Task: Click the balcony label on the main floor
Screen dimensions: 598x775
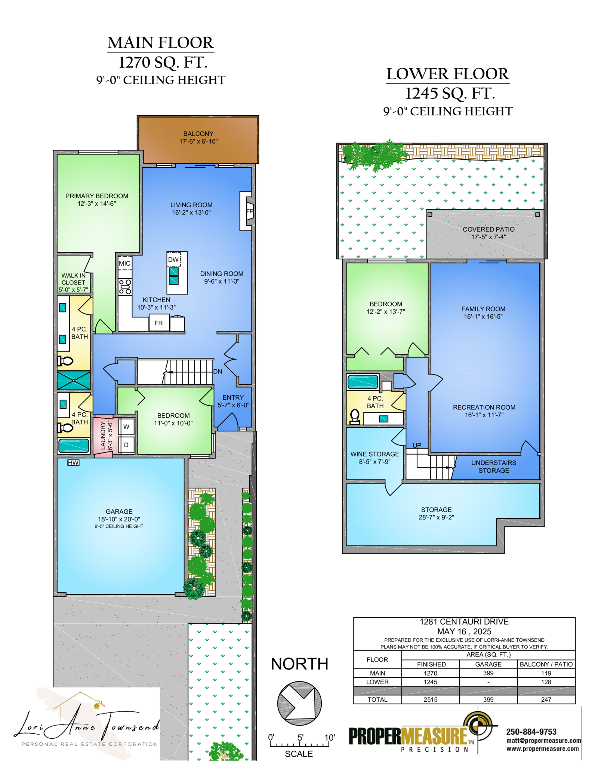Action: coord(198,137)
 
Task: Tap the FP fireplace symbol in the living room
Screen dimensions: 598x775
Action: coord(249,211)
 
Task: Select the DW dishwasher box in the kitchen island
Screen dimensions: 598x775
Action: coord(174,259)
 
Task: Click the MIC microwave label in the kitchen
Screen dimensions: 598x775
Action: coord(124,263)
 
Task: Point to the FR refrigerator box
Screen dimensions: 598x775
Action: coord(158,323)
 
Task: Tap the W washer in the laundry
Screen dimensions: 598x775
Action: coord(126,427)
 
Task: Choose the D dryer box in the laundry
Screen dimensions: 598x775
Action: coord(126,445)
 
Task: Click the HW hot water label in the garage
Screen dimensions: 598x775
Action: coord(73,463)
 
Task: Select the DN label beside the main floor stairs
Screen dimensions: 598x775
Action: coord(218,372)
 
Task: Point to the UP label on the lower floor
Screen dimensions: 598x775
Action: coord(417,445)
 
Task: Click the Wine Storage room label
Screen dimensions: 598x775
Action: coord(374,458)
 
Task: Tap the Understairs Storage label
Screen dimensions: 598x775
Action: coord(494,467)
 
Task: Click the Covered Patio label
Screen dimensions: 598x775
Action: coord(488,233)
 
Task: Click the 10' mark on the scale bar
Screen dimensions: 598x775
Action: coord(329,738)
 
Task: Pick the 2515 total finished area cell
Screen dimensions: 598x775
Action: coord(431,699)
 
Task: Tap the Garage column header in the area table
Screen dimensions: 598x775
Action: coord(488,664)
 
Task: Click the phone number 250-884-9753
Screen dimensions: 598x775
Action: coord(531,732)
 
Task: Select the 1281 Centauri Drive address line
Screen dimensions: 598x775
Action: coord(464,622)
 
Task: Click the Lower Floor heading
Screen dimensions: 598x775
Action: coord(448,74)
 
